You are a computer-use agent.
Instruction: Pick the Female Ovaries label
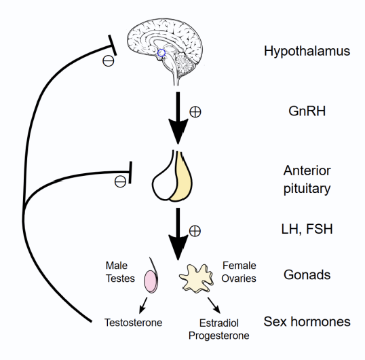coord(241,272)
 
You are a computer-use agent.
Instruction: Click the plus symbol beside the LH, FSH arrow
coord(195,231)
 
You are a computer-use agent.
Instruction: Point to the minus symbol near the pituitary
coord(119,181)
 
